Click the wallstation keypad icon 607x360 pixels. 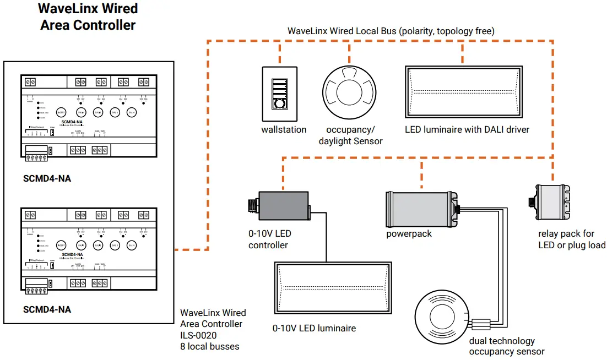280,94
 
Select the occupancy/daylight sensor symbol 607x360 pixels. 349,94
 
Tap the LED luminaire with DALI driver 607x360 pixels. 462,91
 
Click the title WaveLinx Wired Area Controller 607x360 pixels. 88,17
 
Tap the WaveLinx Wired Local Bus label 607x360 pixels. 391,31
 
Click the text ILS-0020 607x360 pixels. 198,335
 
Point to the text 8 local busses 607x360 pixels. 209,347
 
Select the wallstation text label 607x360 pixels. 284,130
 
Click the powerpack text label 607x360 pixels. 409,234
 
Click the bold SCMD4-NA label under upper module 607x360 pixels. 47,179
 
